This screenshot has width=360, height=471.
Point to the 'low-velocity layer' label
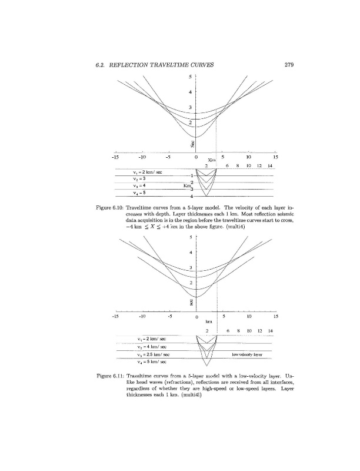coord(247,356)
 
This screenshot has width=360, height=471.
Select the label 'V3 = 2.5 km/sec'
coord(152,356)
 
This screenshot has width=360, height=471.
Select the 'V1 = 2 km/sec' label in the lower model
coord(151,340)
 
